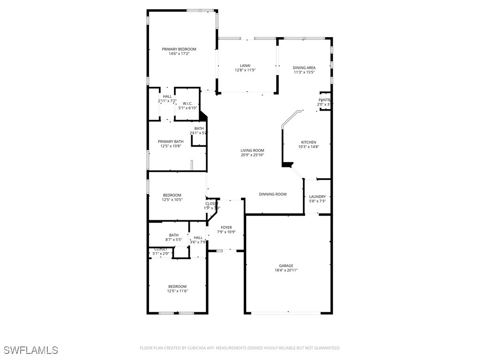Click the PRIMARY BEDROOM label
[179, 49]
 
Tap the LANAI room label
[245, 66]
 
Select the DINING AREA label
[304, 67]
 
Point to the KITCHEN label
[308, 142]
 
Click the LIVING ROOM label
[253, 150]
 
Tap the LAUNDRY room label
[317, 197]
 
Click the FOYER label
[226, 227]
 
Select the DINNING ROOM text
[273, 194]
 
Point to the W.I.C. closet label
[187, 104]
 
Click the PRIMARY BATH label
[171, 142]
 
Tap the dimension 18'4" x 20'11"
[286, 270]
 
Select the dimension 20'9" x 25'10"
[253, 155]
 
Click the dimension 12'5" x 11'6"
[178, 291]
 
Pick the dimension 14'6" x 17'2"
[179, 54]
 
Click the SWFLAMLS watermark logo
[31, 350]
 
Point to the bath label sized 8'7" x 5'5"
[173, 235]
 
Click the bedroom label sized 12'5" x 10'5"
[172, 195]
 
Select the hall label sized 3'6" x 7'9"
[198, 238]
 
